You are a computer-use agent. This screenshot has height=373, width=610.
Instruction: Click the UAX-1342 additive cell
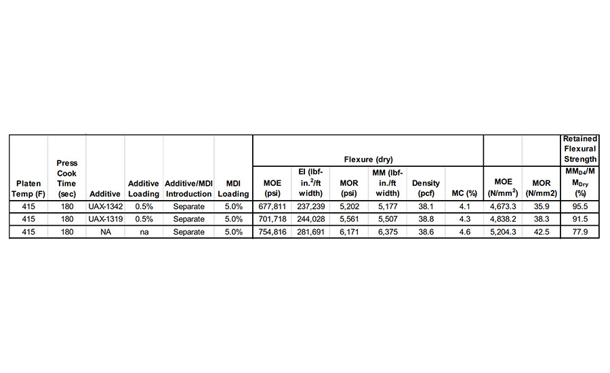(x=105, y=206)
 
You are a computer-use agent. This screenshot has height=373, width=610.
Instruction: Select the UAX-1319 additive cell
(x=105, y=219)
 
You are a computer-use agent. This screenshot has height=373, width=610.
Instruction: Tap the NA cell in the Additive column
(x=105, y=232)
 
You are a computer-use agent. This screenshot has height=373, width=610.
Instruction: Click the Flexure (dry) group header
(x=368, y=159)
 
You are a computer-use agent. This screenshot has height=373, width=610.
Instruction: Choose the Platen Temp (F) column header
(x=28, y=189)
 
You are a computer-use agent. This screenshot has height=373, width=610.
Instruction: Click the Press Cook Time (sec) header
(x=67, y=178)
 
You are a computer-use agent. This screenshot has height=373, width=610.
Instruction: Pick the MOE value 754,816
(x=271, y=232)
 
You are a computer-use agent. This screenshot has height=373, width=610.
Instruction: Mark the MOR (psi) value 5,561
(x=348, y=219)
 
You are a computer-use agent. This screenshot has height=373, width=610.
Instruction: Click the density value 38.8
(x=426, y=219)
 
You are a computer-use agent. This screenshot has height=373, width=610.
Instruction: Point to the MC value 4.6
(x=464, y=232)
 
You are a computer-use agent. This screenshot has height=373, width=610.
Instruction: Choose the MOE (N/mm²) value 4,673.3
(x=502, y=206)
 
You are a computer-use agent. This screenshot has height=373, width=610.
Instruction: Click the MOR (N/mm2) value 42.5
(x=541, y=232)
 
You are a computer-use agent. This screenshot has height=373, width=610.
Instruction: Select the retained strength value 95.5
(x=579, y=206)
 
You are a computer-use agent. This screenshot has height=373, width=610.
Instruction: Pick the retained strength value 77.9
(x=579, y=232)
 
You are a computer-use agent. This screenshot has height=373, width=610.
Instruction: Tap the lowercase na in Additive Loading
(x=144, y=232)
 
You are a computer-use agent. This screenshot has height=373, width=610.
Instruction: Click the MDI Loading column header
(x=233, y=189)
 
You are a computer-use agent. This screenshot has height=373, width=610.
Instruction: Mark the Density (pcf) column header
(x=426, y=189)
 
